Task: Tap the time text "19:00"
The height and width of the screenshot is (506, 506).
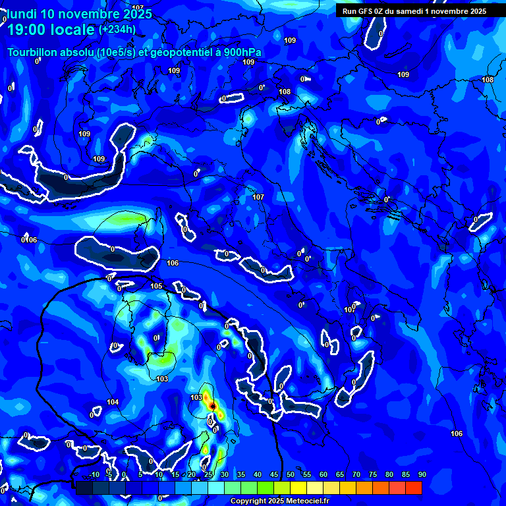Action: pyautogui.click(x=28, y=30)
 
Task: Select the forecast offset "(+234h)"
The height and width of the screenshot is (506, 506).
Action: pyautogui.click(x=117, y=29)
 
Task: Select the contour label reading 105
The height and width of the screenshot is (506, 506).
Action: pyautogui.click(x=156, y=286)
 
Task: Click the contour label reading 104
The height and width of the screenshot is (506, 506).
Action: pyautogui.click(x=113, y=402)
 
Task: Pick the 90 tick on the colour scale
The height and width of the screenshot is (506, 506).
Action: pyautogui.click(x=422, y=475)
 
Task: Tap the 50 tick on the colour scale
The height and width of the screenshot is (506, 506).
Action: pyautogui.click(x=291, y=475)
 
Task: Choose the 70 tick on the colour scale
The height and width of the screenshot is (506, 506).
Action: pyautogui.click(x=356, y=475)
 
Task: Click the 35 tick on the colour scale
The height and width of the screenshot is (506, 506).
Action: pyautogui.click(x=241, y=475)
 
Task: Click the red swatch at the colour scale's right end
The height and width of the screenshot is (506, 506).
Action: pyautogui.click(x=414, y=488)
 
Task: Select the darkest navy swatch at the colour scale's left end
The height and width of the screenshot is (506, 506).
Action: pyautogui.click(x=84, y=488)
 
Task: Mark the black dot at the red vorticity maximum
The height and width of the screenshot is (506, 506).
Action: pyautogui.click(x=212, y=407)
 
